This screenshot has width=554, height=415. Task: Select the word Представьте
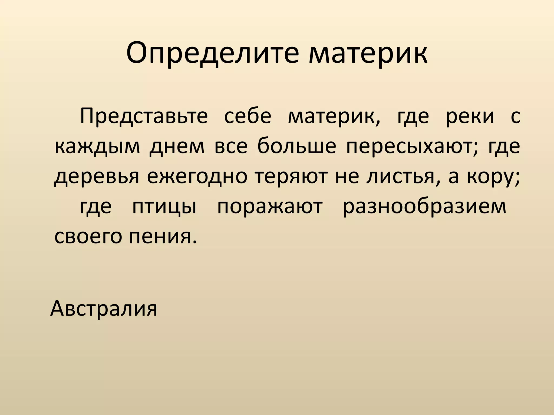[x=144, y=116]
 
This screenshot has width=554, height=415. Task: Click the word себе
[x=248, y=116]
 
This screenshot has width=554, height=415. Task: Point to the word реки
[x=470, y=116]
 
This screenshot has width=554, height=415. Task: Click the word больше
[x=297, y=147]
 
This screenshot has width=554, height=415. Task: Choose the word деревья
[x=97, y=178]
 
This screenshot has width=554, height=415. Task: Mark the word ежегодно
[x=197, y=178]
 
